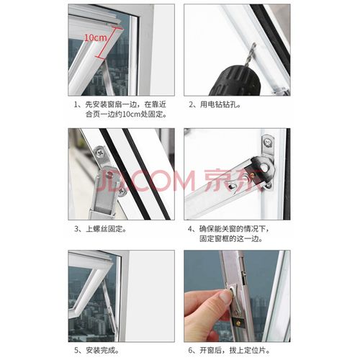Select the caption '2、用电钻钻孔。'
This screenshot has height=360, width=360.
215,105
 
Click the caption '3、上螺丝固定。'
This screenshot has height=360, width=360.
100,230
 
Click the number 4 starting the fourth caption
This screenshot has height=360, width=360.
191,230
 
